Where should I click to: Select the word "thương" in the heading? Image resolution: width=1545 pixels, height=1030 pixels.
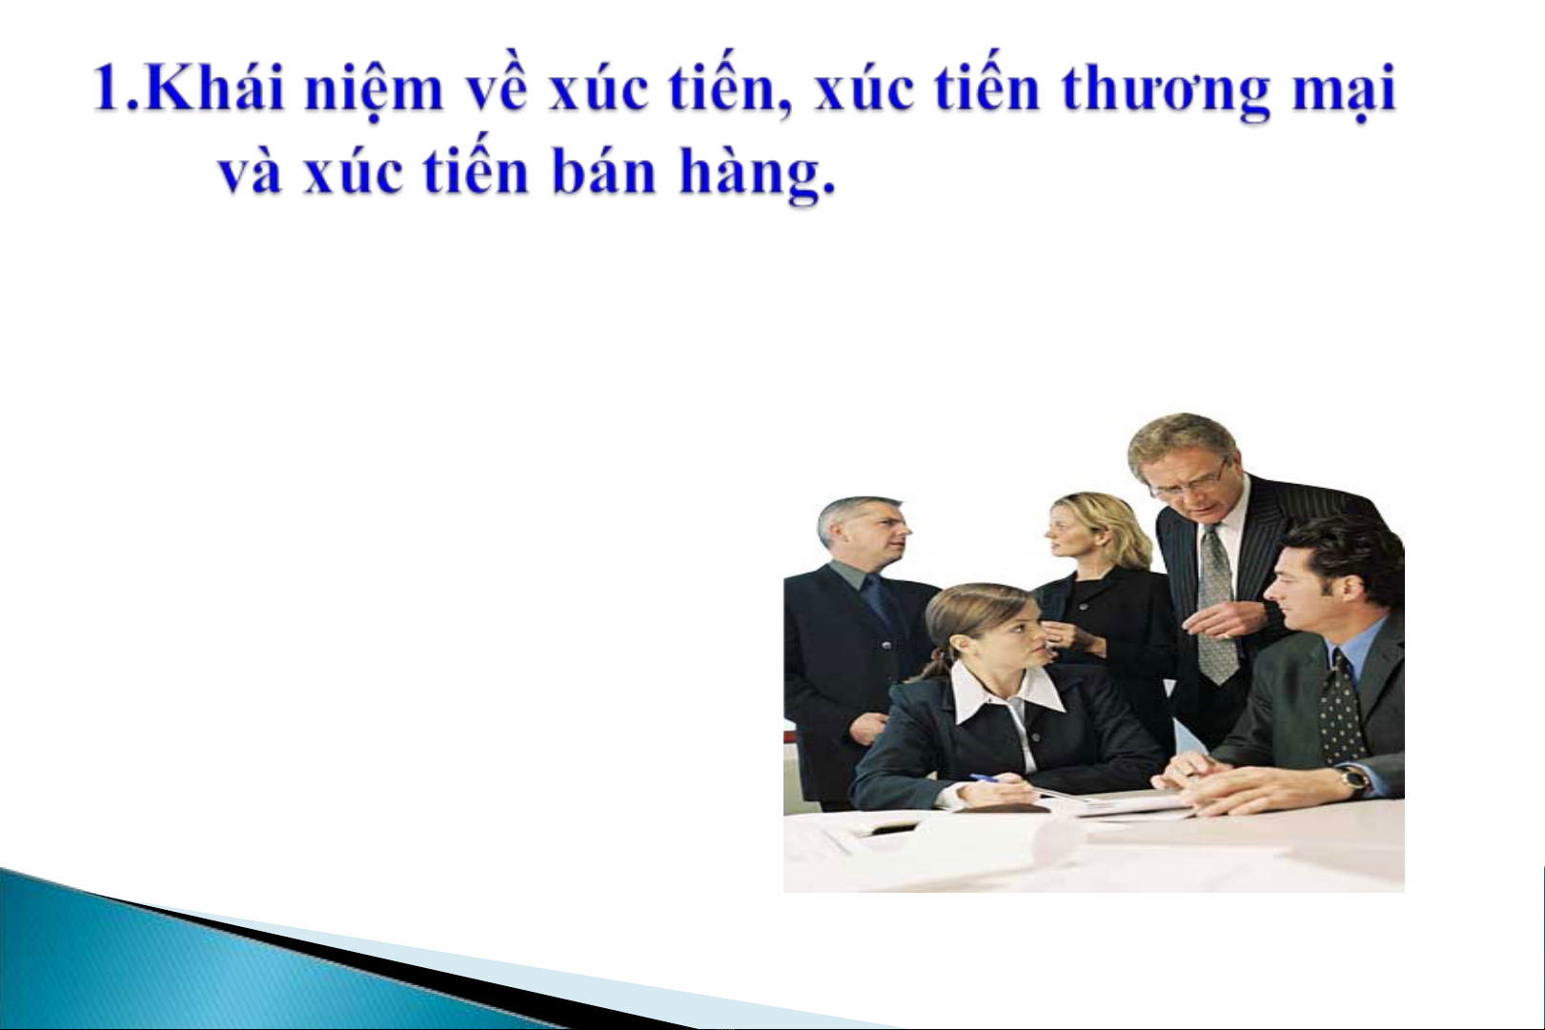point(1166,92)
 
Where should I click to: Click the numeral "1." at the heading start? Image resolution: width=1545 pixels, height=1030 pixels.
point(117,89)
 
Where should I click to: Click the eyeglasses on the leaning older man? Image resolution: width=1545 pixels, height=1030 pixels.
point(1189,481)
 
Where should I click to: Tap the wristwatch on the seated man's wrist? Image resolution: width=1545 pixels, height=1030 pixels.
point(1355,780)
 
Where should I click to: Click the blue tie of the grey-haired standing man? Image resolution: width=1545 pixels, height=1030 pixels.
point(882,607)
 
